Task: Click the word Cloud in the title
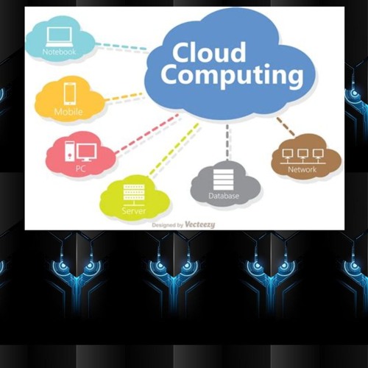point(209,52)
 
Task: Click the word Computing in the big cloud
point(232,76)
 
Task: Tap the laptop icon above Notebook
point(60,37)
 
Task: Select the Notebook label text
point(59,52)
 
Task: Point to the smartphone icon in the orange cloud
point(70,94)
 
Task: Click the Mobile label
point(68,112)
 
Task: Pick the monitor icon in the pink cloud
point(87,152)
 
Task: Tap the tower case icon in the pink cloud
point(70,152)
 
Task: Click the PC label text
point(81,169)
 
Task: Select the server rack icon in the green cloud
point(134,195)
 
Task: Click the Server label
point(134,210)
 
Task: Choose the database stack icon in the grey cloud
point(223,180)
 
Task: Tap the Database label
point(224,196)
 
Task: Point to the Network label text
point(302,169)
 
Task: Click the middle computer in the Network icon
point(302,155)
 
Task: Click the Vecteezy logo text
point(200,224)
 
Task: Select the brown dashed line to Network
point(286,127)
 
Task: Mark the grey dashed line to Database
point(227,142)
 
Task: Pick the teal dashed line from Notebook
point(121,46)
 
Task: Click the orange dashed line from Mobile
point(124,96)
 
